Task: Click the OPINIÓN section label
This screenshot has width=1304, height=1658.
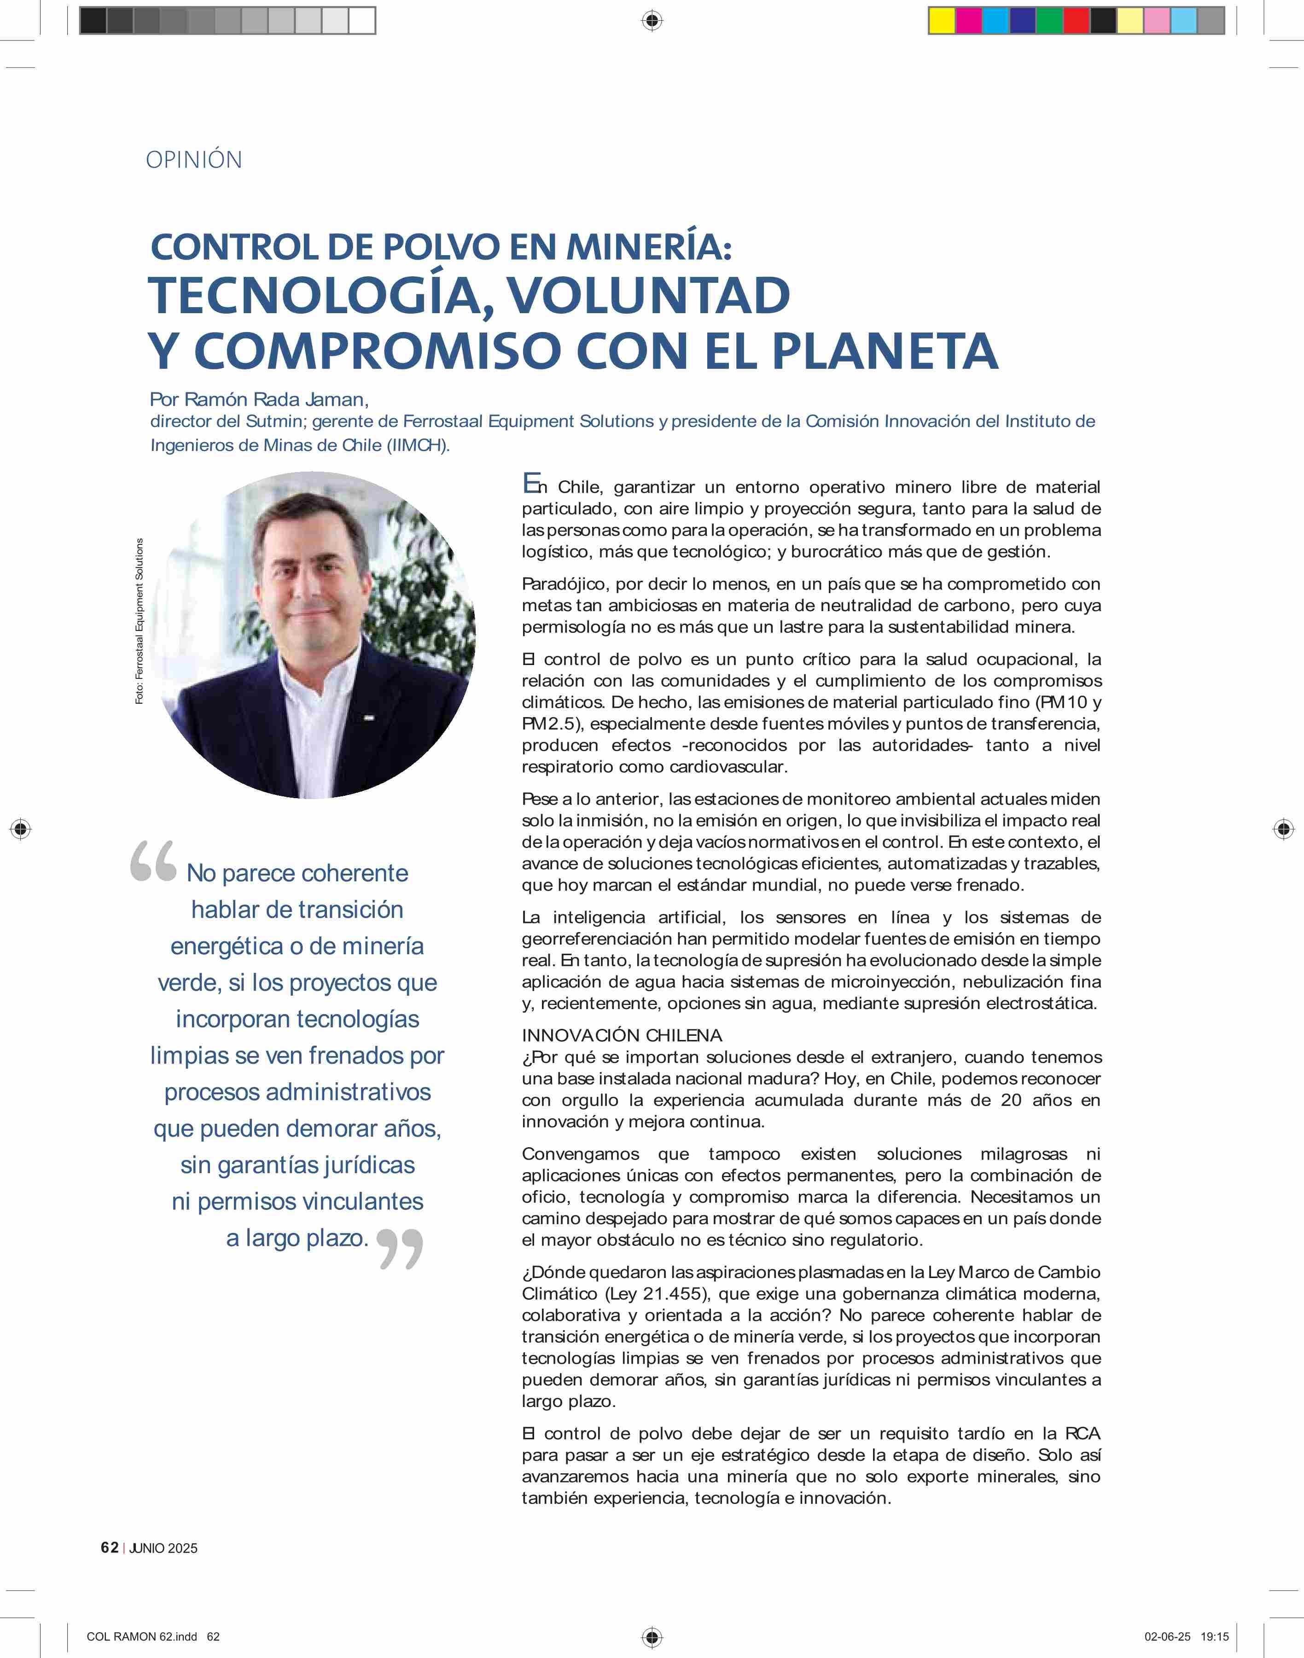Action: (x=194, y=160)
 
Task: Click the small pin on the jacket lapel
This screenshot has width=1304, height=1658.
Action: (x=368, y=718)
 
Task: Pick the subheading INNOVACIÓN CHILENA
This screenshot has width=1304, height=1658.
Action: (x=622, y=1036)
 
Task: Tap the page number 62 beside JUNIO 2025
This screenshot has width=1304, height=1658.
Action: (x=109, y=1547)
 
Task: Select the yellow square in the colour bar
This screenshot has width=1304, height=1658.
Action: (x=941, y=21)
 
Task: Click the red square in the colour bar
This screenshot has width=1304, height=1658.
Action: (x=1076, y=21)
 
